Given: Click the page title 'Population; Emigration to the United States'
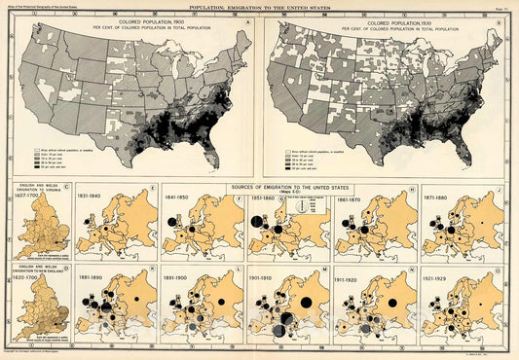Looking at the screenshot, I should pyautogui.click(x=259, y=6).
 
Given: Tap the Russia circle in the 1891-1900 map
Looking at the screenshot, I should pyautogui.click(x=223, y=303).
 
